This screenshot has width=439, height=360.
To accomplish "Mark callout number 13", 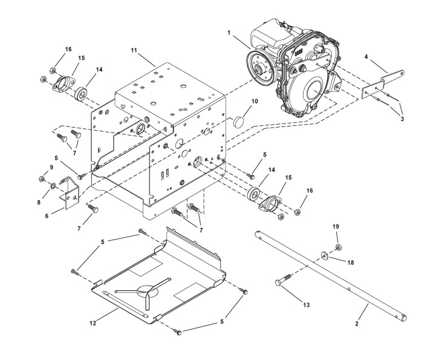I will point(307,305).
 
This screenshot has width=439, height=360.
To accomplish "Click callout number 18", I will point(350,263).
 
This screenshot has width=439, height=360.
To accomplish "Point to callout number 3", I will point(403,119).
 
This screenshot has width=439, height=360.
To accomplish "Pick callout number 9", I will point(51,167).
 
